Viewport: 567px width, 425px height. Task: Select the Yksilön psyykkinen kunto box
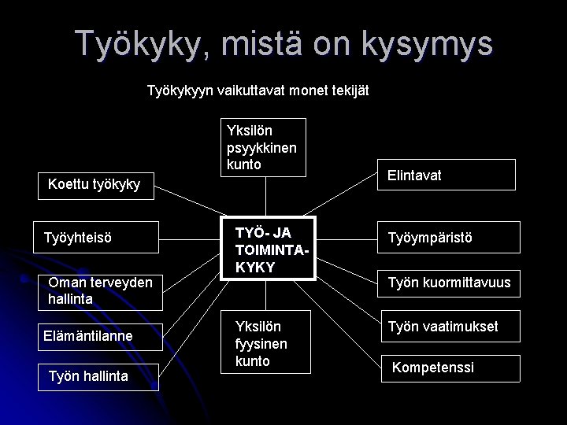tap(261, 146)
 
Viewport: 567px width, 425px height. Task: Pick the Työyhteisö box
tap(100, 235)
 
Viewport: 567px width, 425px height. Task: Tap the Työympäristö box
tap(449, 235)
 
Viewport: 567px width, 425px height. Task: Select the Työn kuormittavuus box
tap(449, 282)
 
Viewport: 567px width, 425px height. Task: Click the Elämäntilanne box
tap(100, 337)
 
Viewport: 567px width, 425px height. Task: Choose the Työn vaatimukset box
tap(449, 326)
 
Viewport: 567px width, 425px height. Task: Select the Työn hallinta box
tap(100, 376)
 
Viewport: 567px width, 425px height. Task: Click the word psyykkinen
tap(261, 146)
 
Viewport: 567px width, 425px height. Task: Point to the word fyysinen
tap(261, 344)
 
